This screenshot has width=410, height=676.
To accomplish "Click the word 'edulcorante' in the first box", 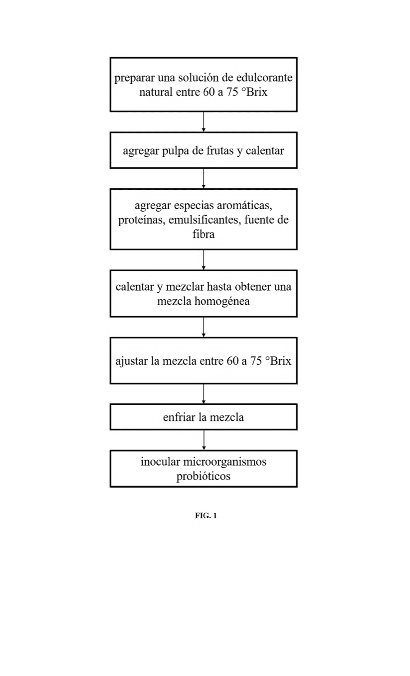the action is pos(264,78).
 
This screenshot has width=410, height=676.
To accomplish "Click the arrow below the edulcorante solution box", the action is pos(204,122).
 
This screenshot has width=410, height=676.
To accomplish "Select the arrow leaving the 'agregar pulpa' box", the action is pos(204,178).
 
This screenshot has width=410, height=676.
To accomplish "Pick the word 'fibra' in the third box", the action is pos(204,234).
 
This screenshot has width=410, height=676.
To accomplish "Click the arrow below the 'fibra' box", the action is pos(204,260).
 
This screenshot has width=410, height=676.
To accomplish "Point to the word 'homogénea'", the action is pos(222,301).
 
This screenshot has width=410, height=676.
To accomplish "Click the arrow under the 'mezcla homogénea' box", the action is pos(204,327).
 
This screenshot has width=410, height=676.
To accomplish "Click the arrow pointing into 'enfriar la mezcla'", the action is pos(204,394).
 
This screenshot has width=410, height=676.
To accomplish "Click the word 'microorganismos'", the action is pos(225,462).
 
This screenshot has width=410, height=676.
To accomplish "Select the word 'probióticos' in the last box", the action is pos(203,476).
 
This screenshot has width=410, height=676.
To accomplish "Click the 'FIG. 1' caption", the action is pos(206,516).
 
